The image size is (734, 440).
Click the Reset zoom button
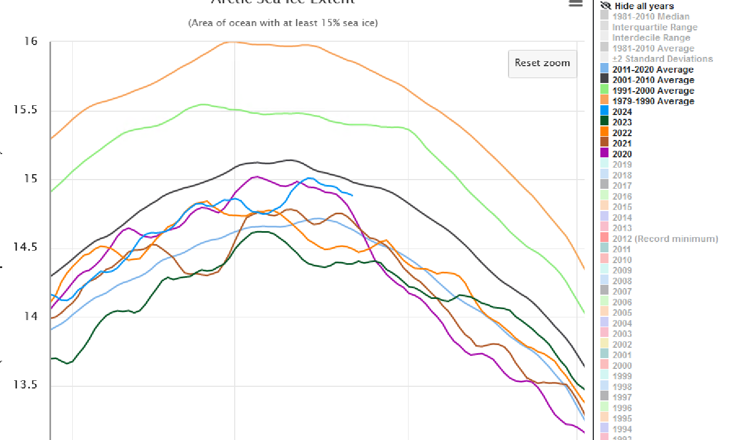542,63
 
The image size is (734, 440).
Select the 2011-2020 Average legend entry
653,69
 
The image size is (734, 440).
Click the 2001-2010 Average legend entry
653,80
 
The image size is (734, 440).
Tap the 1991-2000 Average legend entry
653,91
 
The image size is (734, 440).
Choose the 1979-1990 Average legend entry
653,101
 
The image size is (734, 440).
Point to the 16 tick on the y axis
31,42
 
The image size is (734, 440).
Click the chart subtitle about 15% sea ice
283,23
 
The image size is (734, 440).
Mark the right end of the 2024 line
353,195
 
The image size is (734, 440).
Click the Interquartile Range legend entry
654,27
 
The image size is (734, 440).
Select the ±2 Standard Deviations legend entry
662,59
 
